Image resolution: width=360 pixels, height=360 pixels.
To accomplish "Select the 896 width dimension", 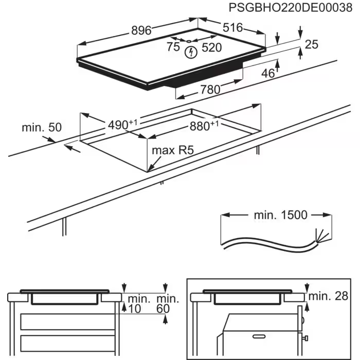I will tap(140, 31).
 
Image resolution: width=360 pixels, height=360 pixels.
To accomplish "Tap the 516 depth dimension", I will tap(232, 28).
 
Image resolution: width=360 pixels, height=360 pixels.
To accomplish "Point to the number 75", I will tap(173, 47).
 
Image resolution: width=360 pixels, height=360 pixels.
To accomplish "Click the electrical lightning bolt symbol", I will tap(192, 51).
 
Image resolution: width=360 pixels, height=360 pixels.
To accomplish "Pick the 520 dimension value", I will tap(211, 48).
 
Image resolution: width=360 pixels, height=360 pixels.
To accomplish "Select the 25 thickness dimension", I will tap(312, 45).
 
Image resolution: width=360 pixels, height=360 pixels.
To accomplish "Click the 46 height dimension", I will tap(268, 74).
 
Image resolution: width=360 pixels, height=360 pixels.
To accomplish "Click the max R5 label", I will tap(172, 151).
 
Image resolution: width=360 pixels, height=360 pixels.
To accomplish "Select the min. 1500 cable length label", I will tap(280, 215).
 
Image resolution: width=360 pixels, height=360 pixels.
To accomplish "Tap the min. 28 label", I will tap(331, 296).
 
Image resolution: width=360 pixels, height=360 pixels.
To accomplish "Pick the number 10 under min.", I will tap(135, 309).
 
